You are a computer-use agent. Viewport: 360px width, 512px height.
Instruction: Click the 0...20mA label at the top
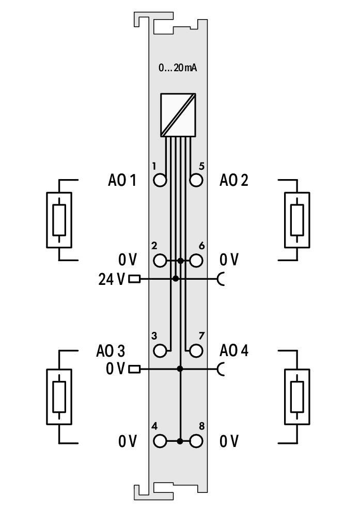[177, 68]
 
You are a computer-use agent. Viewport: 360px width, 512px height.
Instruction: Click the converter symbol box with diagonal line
[178, 115]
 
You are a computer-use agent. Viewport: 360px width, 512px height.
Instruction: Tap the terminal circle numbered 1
[160, 180]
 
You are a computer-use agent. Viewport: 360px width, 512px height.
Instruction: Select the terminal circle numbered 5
[196, 180]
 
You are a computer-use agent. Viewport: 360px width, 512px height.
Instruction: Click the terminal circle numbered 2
[160, 261]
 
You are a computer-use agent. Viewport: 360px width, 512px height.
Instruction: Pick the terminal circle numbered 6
[196, 261]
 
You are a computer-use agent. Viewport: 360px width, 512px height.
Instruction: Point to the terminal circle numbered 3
[160, 351]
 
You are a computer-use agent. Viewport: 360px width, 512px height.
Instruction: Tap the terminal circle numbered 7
[196, 351]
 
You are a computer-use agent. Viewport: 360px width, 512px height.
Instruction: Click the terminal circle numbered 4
[160, 441]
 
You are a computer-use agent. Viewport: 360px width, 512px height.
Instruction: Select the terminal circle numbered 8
[196, 441]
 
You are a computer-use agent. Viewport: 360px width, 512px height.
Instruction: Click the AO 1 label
[122, 180]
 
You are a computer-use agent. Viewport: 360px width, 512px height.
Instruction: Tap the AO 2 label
[233, 180]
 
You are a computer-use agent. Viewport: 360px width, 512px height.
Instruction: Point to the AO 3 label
[111, 351]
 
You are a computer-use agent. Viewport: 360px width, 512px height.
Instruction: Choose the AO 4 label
[233, 351]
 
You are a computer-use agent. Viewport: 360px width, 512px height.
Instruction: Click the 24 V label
[112, 279]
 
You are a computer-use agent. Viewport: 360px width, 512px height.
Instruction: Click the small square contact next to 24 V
[134, 279]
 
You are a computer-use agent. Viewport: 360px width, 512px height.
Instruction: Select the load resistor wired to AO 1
[59, 220]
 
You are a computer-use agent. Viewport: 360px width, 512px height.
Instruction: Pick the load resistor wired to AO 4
[297, 396]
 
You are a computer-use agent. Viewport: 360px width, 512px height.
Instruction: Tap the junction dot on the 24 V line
[176, 279]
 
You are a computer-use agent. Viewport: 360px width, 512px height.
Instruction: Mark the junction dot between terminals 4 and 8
[180, 441]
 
